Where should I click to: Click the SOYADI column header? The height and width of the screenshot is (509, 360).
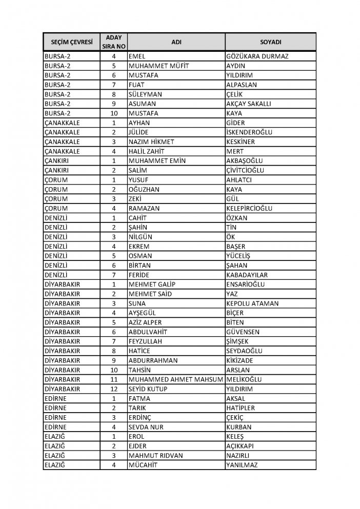coord(270,42)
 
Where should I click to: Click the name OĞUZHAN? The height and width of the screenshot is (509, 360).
coord(145,189)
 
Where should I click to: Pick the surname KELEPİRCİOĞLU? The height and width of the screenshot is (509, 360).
coord(252,208)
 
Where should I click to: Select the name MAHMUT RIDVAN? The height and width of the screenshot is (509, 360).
coord(155,455)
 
